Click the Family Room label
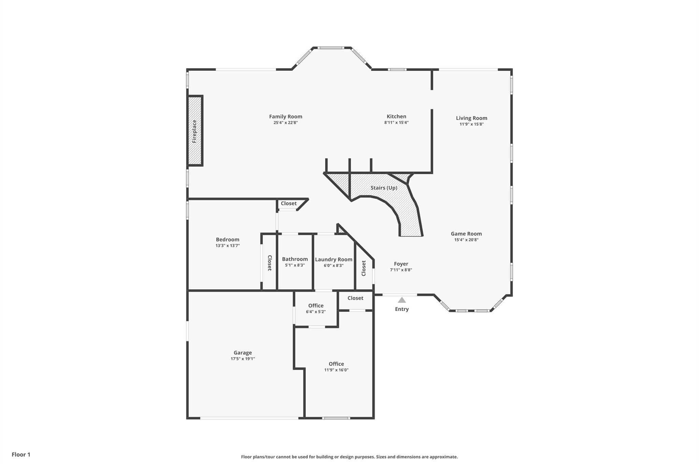pos(286,117)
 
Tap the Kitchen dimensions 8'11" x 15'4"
pos(396,123)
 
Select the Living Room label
pos(472,118)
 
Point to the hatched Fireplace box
pos(195,131)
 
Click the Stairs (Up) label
pos(384,188)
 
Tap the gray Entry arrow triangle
pos(402,300)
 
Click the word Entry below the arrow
pos(402,309)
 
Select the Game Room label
pos(466,234)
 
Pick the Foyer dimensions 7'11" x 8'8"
pos(401,270)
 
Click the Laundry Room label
pos(333,259)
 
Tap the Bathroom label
pos(295,259)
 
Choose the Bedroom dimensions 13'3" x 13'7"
pos(228,245)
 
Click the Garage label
pos(243,353)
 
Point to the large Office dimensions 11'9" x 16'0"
pos(336,370)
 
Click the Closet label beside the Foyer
pos(363,268)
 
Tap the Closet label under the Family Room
pos(289,203)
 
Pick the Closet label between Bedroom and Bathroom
pos(269,263)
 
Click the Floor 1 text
pos(21,454)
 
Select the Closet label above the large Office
pos(355,298)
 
